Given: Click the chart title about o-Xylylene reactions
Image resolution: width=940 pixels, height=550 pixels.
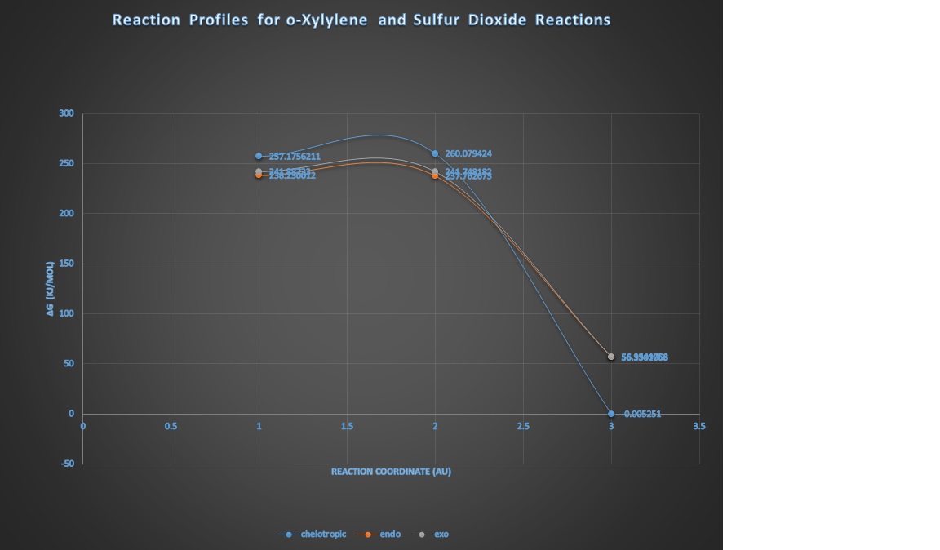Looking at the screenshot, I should coord(361,20).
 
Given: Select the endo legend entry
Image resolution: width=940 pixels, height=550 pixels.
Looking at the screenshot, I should coord(385,534).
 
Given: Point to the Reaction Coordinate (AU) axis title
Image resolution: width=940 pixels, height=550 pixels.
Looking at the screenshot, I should coord(391,472).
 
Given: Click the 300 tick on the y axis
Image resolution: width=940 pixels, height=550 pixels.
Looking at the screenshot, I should coord(66,113).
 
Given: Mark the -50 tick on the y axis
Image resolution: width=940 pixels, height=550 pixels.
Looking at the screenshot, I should coord(67,464).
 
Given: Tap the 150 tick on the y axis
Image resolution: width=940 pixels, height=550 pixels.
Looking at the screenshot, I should coord(66,264).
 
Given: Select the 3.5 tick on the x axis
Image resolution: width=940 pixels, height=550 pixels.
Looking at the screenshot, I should coord(698,426).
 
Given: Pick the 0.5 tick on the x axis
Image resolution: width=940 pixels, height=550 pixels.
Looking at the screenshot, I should coord(171,426).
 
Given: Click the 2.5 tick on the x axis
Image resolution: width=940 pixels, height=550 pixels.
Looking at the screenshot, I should coord(522,426).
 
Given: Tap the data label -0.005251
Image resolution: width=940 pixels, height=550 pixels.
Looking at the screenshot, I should coord(641,414).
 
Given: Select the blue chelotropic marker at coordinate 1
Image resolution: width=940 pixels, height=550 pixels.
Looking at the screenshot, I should coord(259,156).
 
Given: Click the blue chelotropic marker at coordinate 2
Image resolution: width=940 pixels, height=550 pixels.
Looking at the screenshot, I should coord(435,153).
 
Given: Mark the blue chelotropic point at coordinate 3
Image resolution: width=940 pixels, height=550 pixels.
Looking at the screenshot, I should coord(611,414).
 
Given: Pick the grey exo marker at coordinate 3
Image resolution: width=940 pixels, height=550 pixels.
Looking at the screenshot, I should coord(611,357).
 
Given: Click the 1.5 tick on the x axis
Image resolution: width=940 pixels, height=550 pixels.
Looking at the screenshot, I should coord(346,426).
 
